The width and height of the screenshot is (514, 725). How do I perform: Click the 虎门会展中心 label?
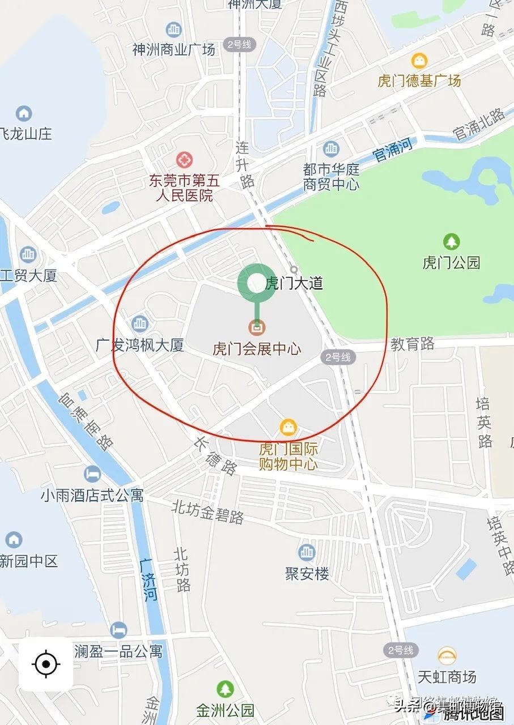point(257,348)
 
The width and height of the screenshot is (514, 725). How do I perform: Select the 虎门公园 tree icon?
point(451,242)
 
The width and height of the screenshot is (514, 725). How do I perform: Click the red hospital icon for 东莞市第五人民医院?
point(184,160)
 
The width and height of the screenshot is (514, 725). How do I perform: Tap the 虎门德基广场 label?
point(419,80)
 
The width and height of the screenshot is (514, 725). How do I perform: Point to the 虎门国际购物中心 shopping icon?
point(288,427)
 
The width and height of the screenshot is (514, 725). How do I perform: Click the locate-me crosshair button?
point(46,664)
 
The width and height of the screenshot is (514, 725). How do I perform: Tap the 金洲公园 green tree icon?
point(225,689)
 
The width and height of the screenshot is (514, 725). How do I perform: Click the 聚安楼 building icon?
point(307,552)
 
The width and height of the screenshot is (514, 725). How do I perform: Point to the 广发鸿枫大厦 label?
point(140,345)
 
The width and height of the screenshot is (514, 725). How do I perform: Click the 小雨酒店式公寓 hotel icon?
point(92,474)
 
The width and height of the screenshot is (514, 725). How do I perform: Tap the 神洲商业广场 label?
point(174,49)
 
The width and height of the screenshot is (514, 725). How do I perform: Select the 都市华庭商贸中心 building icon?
point(331,150)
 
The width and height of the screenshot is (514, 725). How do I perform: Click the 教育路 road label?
point(413,343)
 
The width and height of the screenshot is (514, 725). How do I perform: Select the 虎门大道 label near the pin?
point(295,283)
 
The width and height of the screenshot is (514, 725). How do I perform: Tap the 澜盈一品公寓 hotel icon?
point(118,630)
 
